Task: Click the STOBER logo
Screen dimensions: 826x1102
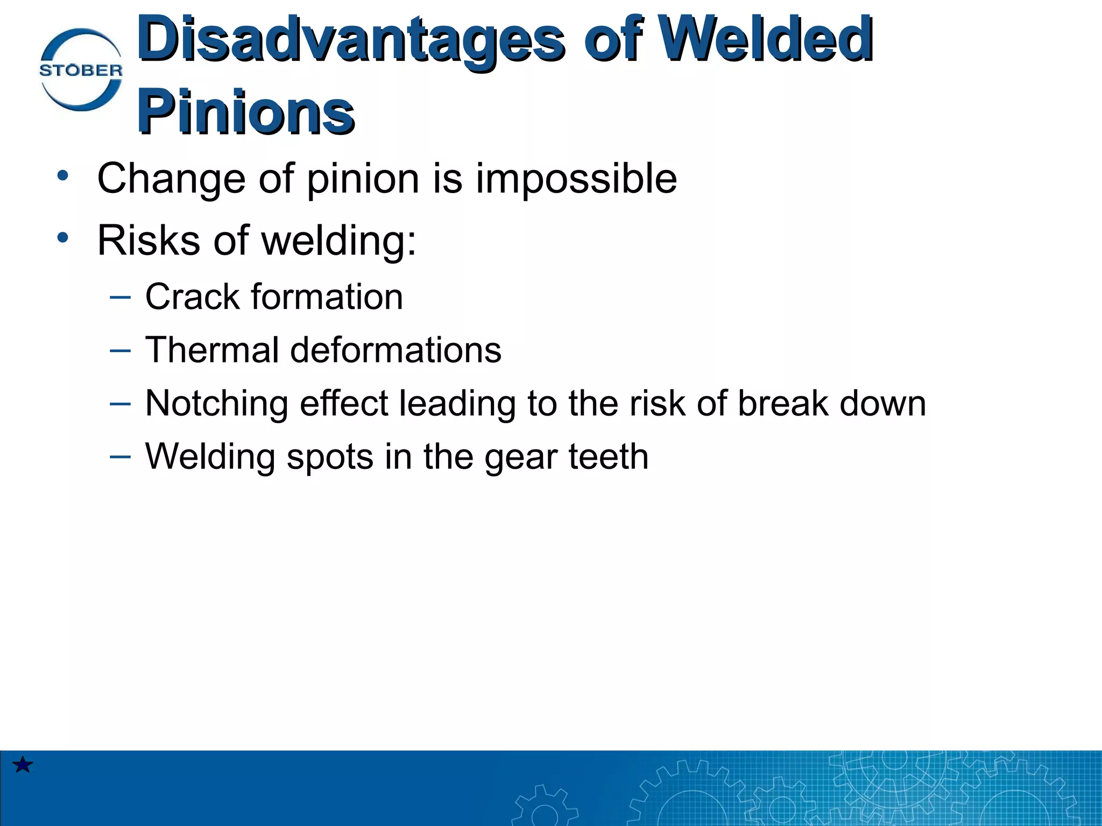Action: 81,70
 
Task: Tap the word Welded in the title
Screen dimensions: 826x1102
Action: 765,39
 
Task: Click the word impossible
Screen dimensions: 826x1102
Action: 576,179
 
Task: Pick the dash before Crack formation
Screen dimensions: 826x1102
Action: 120,296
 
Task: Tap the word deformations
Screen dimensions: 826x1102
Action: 395,350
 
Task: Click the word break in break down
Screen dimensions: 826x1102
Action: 783,403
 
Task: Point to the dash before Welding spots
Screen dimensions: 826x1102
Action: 120,457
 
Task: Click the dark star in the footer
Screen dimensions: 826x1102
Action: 23,764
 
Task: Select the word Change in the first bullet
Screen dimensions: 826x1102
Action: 171,179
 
